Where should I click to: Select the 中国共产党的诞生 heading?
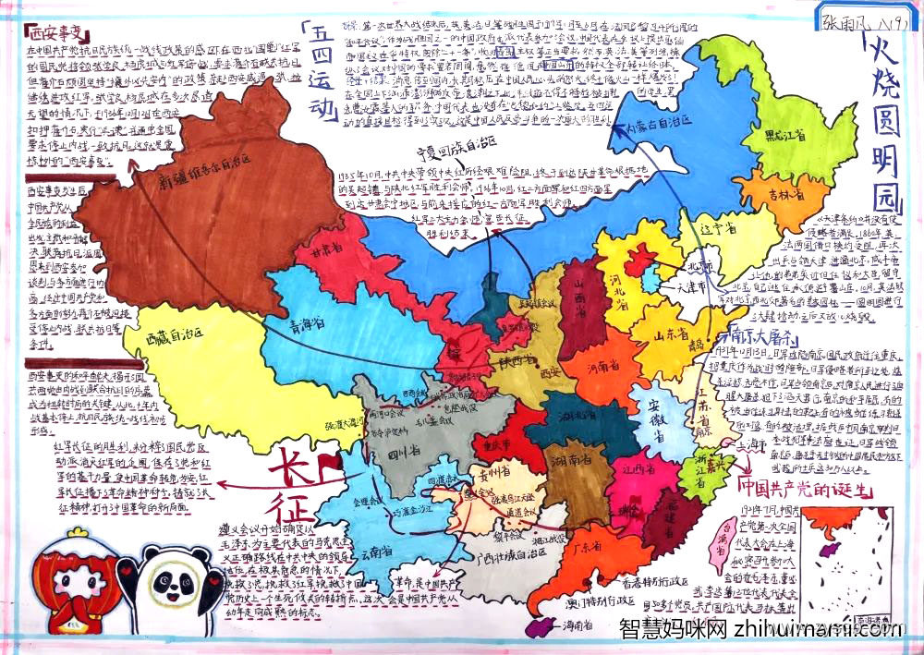pyautogui.click(x=801, y=488)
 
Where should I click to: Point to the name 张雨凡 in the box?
pyautogui.click(x=844, y=18)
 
